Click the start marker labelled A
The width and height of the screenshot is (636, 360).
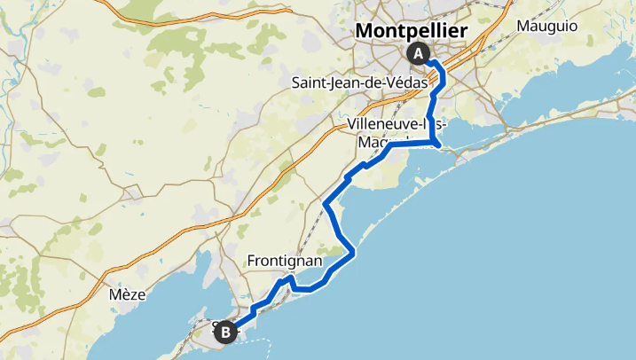point(418,53)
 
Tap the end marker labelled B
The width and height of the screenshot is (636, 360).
point(226,333)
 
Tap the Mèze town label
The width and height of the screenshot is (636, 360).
point(122,293)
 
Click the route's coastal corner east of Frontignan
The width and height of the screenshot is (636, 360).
point(354,254)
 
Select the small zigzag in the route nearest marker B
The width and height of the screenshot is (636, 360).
point(254,309)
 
